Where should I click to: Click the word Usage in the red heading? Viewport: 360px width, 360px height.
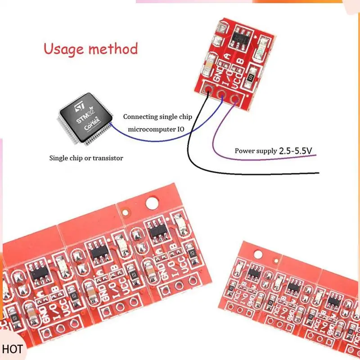pyautogui.click(x=63, y=49)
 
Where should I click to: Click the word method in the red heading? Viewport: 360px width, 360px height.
pyautogui.click(x=112, y=48)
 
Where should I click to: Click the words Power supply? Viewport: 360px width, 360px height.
pyautogui.click(x=256, y=151)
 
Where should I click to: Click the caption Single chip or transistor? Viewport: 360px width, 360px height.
pyautogui.click(x=86, y=158)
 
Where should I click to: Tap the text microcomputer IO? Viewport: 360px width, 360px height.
pyautogui.click(x=160, y=130)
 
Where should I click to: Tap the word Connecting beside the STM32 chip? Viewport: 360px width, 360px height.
pyautogui.click(x=140, y=117)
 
